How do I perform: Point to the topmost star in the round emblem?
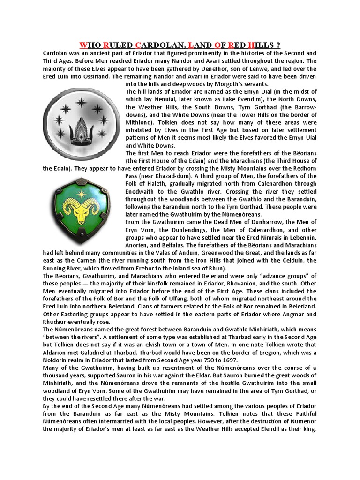point(81,102)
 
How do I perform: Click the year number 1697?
point(229,360)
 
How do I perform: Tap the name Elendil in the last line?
point(275,429)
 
